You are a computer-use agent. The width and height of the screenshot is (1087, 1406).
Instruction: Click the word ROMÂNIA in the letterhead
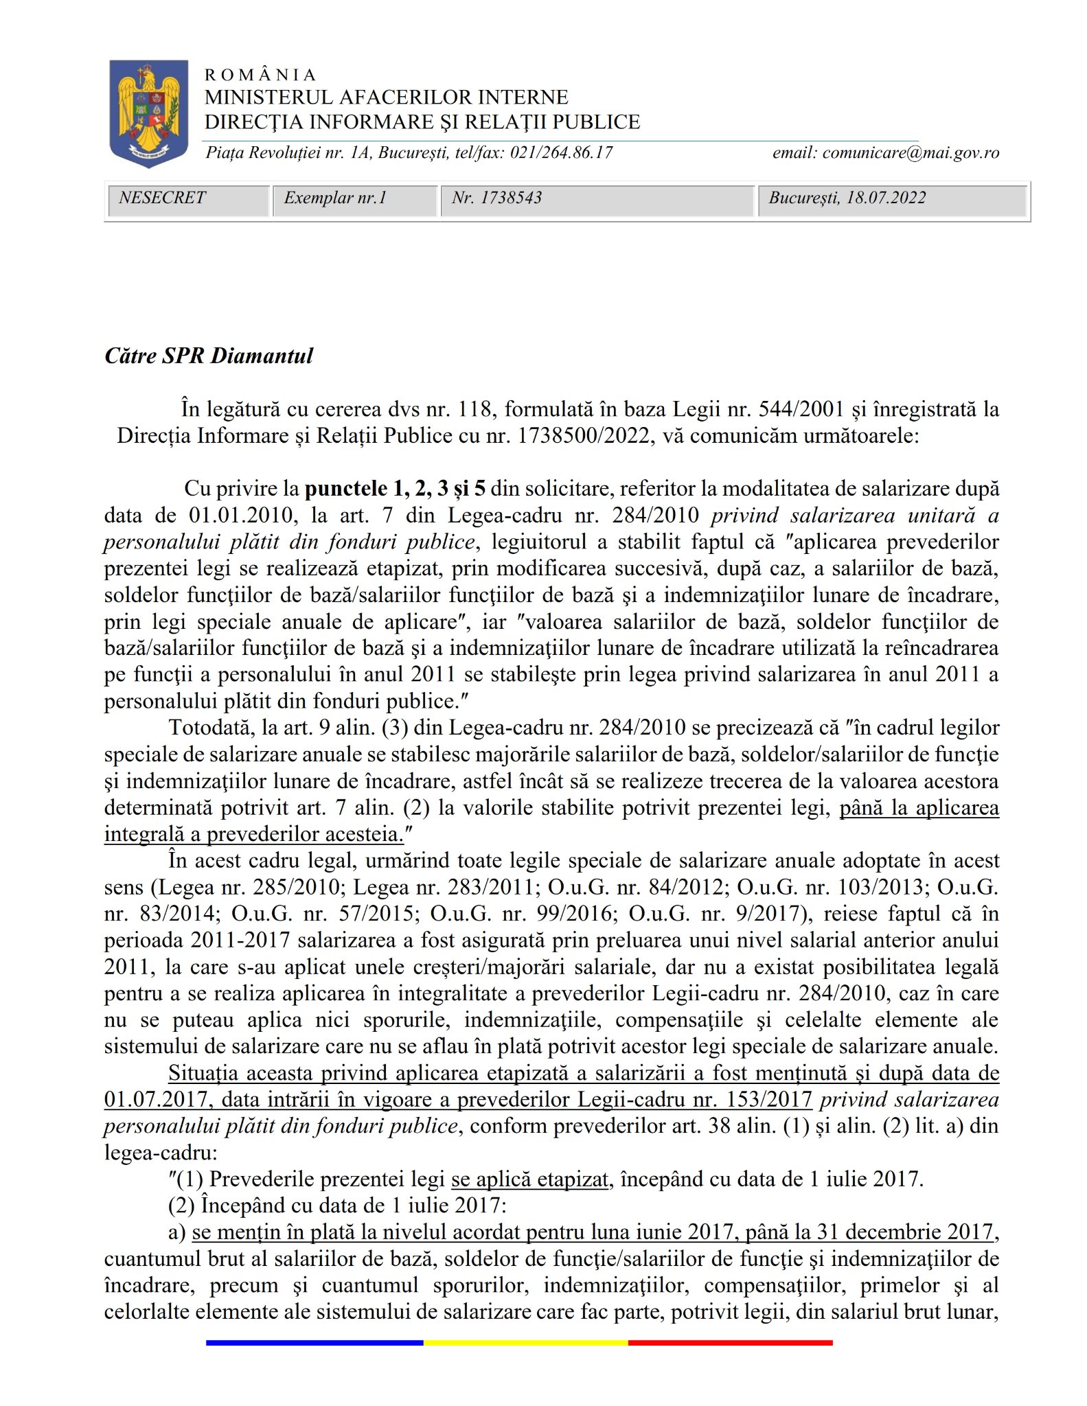point(260,75)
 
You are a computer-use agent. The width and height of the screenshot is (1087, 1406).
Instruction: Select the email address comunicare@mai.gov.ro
point(911,152)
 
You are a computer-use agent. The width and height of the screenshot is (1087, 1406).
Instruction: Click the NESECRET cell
point(162,198)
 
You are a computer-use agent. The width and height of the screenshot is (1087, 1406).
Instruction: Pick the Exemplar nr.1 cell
point(335,198)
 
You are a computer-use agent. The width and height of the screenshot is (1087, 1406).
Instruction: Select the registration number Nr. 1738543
point(496,198)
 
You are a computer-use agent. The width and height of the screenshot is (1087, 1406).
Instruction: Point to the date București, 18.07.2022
point(847,198)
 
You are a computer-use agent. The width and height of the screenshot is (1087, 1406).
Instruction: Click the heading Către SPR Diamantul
point(209,356)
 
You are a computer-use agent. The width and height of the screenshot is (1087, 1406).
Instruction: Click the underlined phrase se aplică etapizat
point(530,1180)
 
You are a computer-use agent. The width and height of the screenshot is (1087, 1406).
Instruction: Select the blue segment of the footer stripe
point(314,1343)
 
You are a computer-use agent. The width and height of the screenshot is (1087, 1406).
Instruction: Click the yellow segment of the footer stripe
point(525,1343)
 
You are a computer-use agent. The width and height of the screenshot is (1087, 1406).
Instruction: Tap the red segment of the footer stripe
point(730,1343)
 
